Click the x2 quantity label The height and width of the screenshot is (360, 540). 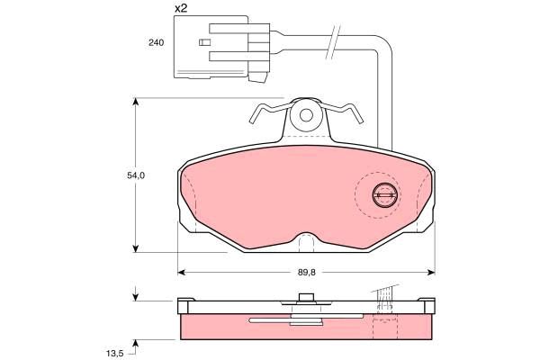point(181,8)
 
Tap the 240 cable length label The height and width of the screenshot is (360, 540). point(157,42)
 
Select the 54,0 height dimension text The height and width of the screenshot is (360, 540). point(136,175)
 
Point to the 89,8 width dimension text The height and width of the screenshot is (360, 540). point(307,272)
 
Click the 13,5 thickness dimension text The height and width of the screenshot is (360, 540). point(114,353)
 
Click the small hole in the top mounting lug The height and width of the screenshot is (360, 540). point(306,115)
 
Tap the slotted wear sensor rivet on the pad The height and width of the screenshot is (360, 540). point(385,195)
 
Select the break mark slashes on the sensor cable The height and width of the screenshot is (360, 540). point(333,42)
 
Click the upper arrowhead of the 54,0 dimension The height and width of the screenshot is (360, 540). point(136,103)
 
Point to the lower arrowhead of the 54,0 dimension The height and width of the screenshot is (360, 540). point(136,247)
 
